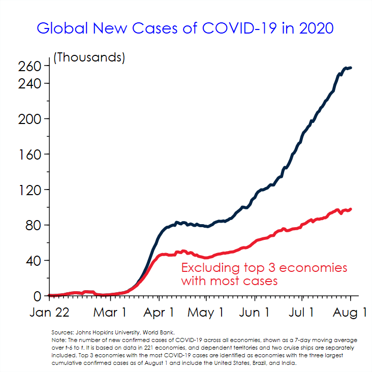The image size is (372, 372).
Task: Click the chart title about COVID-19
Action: pyautogui.click(x=185, y=27)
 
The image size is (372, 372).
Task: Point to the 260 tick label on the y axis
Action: pyautogui.click(x=30, y=66)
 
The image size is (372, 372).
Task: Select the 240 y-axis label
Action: pyautogui.click(x=30, y=83)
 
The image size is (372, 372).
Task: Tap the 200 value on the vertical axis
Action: pyautogui.click(x=30, y=119)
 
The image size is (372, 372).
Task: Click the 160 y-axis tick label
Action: pyautogui.click(x=30, y=154)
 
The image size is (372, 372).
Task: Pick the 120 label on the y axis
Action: pyautogui.click(x=30, y=190)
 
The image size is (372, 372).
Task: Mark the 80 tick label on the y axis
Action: pyautogui.click(x=34, y=226)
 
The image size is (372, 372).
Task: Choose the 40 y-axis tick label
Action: pyautogui.click(x=34, y=261)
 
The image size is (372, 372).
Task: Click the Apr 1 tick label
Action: pyautogui.click(x=158, y=312)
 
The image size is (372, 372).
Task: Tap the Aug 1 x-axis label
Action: pyautogui.click(x=350, y=312)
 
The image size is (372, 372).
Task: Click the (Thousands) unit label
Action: pyautogui.click(x=89, y=57)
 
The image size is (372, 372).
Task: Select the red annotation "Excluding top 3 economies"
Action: pyautogui.click(x=264, y=268)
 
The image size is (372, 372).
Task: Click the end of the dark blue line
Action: pyautogui.click(x=351, y=68)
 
